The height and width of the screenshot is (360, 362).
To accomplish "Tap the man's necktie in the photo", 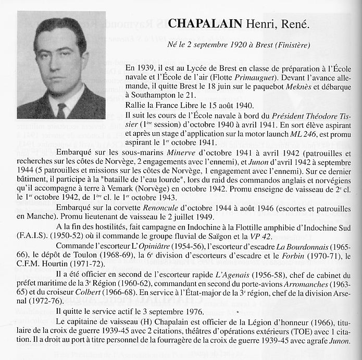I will (x=61, y=110).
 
